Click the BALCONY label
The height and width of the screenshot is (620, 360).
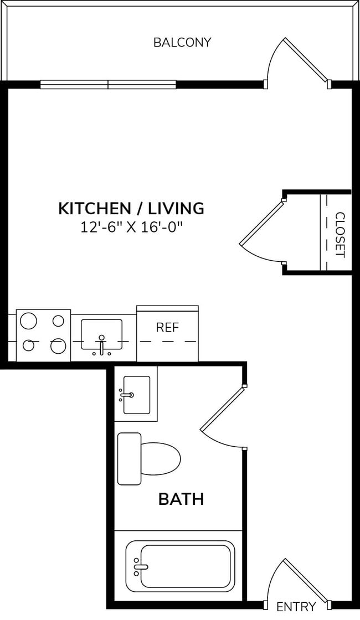(x=182, y=43)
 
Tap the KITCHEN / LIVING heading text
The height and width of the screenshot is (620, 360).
(x=131, y=209)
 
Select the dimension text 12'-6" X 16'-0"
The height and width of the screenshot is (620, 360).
(x=131, y=228)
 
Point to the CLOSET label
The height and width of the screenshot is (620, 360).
(x=340, y=235)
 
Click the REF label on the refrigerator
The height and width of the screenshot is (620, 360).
(x=167, y=327)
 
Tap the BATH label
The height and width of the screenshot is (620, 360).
(x=181, y=499)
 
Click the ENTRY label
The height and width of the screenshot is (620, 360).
(x=296, y=607)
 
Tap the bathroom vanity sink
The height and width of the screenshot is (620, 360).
(x=136, y=395)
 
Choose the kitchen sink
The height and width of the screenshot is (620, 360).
(x=101, y=334)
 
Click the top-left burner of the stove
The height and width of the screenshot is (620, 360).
(x=29, y=321)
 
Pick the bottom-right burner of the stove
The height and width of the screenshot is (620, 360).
(x=58, y=346)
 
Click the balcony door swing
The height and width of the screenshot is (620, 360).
(x=296, y=62)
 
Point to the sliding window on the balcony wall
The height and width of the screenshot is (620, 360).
(x=108, y=85)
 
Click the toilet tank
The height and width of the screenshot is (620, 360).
(x=130, y=459)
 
